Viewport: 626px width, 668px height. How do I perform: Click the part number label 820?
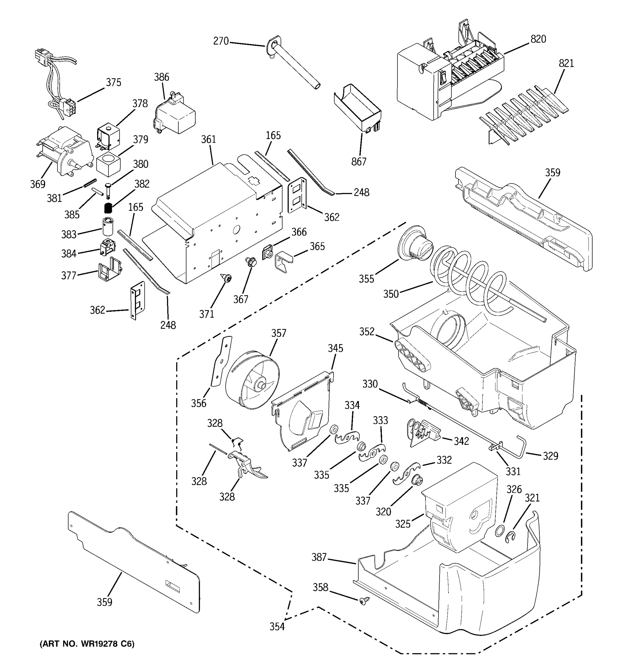(x=538, y=39)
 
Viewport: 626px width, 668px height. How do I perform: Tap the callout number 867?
(x=358, y=162)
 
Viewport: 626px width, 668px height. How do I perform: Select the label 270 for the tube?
(x=221, y=41)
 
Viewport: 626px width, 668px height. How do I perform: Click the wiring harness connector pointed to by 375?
(x=70, y=107)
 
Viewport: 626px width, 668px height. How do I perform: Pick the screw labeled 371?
(x=226, y=278)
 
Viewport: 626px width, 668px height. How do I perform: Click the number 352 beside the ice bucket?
(x=367, y=332)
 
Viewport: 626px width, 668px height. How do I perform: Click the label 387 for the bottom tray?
(x=319, y=558)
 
